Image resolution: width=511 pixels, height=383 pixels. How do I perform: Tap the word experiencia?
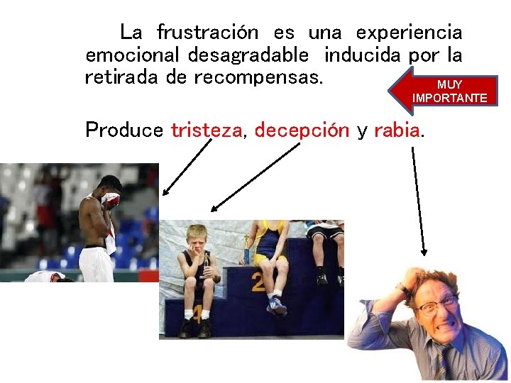[x=409, y=33]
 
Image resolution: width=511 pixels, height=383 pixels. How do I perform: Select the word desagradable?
[x=248, y=55]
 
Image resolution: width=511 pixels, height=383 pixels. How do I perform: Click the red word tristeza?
[x=207, y=131]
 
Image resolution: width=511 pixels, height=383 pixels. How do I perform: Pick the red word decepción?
[x=302, y=131]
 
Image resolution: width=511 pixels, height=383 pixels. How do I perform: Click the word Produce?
[x=125, y=131]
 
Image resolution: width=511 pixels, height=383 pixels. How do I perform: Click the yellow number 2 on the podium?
[x=257, y=284]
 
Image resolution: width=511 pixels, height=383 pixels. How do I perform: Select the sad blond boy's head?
[x=196, y=238]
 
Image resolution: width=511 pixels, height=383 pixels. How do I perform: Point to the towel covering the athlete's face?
[x=111, y=200]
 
